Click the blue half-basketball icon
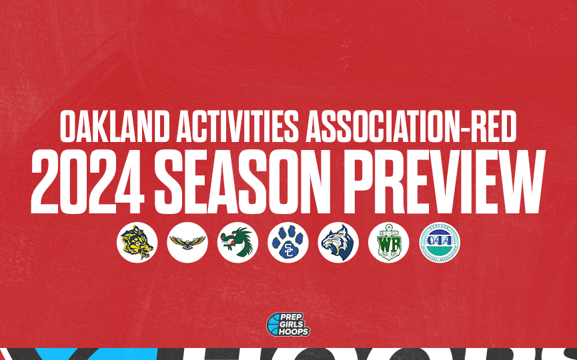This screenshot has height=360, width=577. pos(273,325)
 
